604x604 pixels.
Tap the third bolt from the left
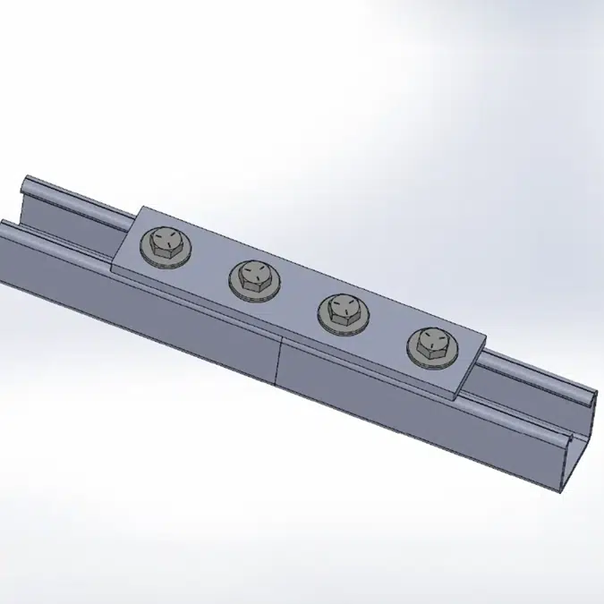coord(342,310)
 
